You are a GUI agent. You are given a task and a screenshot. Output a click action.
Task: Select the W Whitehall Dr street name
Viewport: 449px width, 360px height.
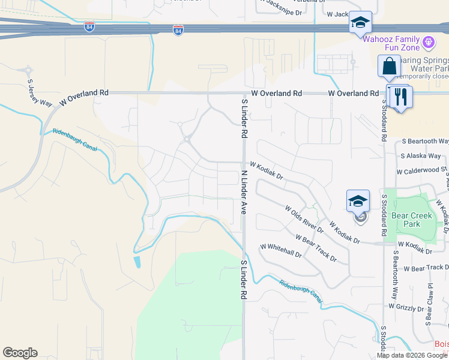click(x=281, y=250)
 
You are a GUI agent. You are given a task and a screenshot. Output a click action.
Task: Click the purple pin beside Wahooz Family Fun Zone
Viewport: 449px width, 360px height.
click(x=428, y=42)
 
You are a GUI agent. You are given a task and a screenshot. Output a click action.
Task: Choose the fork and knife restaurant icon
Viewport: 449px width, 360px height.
click(x=400, y=96)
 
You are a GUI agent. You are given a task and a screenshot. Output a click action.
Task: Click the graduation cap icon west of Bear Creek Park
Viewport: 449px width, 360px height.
click(x=358, y=201)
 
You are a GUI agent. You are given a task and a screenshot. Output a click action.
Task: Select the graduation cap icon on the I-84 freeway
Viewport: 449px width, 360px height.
click(x=360, y=23)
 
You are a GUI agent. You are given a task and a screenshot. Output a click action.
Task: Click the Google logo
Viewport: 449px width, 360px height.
click(x=20, y=353)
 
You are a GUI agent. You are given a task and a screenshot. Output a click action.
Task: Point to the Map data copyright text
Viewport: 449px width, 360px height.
click(x=412, y=355)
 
